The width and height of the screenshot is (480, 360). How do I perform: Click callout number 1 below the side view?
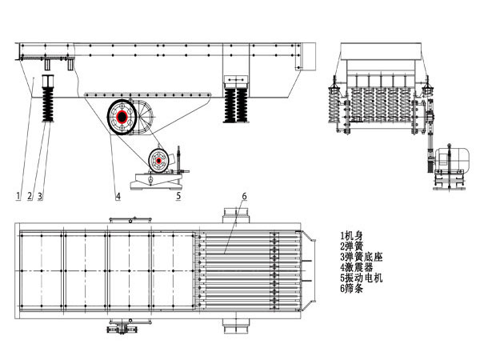(x=18, y=196)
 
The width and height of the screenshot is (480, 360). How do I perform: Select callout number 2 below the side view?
(x=30, y=196)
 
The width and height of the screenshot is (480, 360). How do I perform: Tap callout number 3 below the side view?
(x=40, y=196)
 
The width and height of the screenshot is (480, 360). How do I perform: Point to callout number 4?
(x=118, y=196)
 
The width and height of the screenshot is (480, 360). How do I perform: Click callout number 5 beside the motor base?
(x=178, y=195)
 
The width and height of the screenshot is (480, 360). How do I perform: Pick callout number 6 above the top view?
(x=244, y=196)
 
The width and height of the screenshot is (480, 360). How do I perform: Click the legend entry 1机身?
(x=352, y=236)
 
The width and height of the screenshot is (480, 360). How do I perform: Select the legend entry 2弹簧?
(x=352, y=246)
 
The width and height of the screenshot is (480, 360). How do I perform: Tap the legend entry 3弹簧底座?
(x=362, y=257)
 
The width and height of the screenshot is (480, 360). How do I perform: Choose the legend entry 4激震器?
(x=357, y=267)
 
